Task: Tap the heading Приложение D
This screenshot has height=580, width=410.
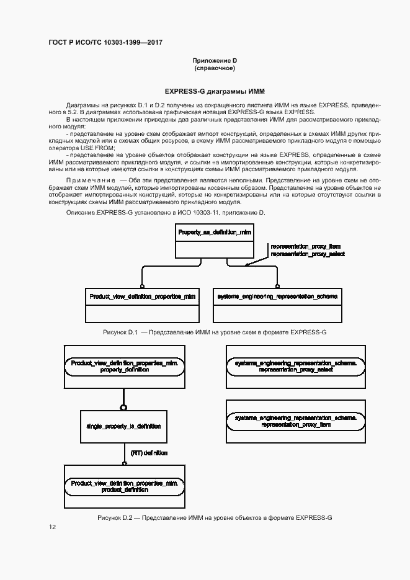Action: click(x=215, y=60)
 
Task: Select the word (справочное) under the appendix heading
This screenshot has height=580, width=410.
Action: click(x=215, y=68)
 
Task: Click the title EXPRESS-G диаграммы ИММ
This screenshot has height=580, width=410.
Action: click(x=214, y=91)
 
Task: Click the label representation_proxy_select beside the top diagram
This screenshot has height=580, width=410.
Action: click(x=307, y=254)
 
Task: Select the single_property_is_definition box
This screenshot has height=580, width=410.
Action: click(x=123, y=426)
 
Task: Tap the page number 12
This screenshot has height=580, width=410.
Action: click(x=53, y=527)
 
